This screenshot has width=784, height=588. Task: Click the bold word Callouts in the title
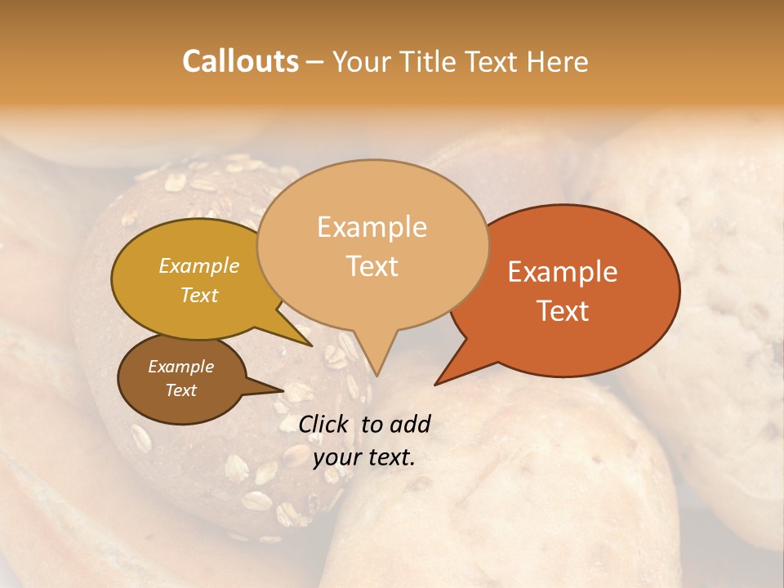tap(240, 61)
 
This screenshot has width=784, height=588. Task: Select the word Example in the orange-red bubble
tap(563, 272)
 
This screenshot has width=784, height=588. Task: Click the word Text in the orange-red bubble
tap(563, 311)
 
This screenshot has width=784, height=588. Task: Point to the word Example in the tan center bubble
tap(372, 227)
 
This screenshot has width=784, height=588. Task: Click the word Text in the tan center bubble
tap(372, 266)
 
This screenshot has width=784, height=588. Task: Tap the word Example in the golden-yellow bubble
tap(198, 266)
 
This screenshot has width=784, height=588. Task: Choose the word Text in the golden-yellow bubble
tap(198, 296)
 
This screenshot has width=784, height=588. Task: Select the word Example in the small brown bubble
tap(180, 367)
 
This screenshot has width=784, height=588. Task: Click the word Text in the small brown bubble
tap(180, 390)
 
